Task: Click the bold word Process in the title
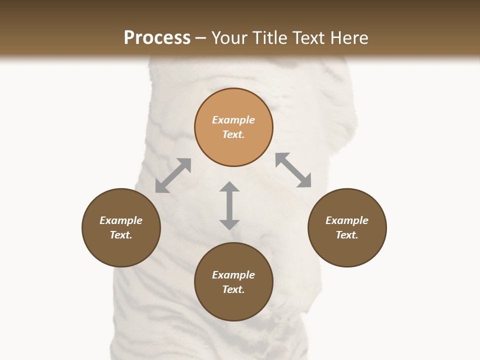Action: [157, 38]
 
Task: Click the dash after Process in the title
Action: [201, 38]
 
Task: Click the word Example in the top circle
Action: [233, 120]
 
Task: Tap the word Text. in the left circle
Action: [121, 235]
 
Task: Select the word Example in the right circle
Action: [347, 220]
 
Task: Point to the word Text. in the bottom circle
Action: [233, 289]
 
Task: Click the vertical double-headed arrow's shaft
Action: [229, 205]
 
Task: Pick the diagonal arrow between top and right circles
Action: [293, 170]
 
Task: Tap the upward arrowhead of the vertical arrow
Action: [229, 187]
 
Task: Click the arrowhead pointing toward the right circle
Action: [304, 181]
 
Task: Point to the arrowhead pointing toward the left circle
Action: [161, 186]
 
